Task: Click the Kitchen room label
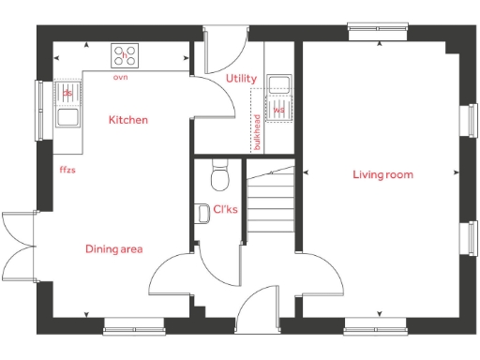(127, 120)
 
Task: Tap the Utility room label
(241, 80)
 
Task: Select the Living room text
(382, 174)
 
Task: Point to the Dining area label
(113, 248)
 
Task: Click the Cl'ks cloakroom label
(225, 209)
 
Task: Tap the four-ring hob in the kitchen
(125, 55)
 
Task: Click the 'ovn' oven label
(120, 77)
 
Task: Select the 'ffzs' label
(67, 170)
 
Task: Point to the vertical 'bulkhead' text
(257, 132)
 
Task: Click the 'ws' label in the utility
(278, 110)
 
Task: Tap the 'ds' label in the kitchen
(67, 93)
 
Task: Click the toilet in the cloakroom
(220, 175)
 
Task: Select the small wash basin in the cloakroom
(202, 213)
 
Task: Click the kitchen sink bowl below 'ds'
(67, 117)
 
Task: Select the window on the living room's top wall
(374, 29)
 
